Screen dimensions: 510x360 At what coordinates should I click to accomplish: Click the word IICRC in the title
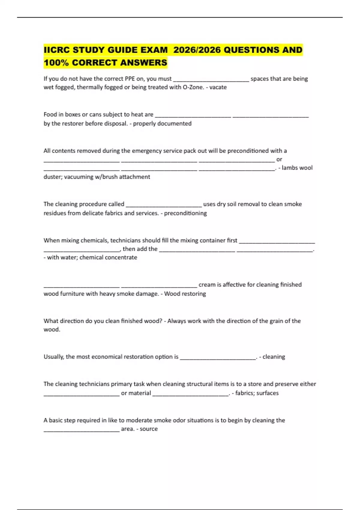(57, 50)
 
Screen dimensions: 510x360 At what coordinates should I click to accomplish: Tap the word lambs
(290, 168)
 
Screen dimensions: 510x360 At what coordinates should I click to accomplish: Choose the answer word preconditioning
(185, 213)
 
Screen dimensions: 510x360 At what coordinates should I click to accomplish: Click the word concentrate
(121, 257)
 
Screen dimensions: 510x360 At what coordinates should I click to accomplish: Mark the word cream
(207, 284)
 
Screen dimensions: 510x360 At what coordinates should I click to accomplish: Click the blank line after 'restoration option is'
(218, 358)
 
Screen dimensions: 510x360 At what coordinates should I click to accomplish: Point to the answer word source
(149, 429)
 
